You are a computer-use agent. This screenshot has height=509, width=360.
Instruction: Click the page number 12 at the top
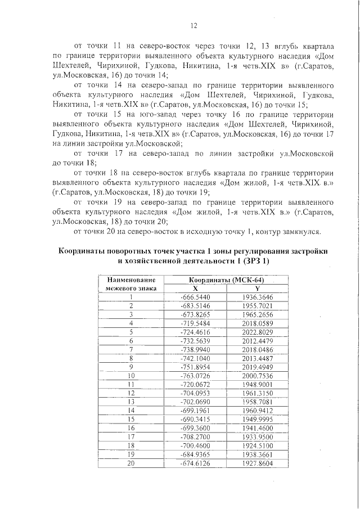(x=193, y=26)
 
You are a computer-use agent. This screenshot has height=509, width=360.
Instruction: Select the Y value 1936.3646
(x=257, y=297)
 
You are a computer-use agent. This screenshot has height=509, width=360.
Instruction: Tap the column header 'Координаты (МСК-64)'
(x=226, y=280)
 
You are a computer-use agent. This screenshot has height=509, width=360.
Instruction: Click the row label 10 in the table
(x=130, y=375)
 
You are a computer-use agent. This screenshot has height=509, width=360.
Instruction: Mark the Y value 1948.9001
(x=257, y=384)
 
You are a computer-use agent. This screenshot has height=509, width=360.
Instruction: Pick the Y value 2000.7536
(x=257, y=375)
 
